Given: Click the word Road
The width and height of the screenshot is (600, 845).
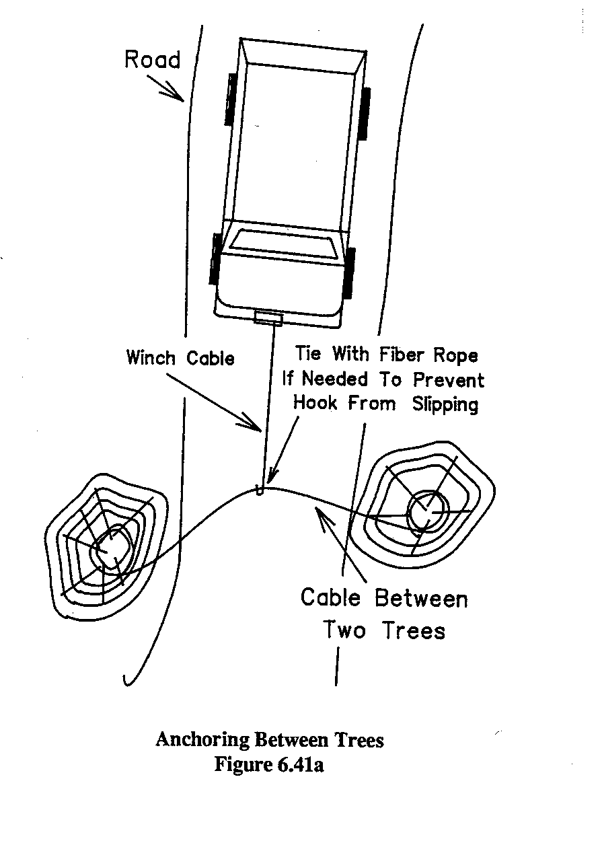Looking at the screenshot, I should coord(153,60).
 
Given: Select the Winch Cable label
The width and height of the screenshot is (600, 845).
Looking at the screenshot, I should coord(180,357).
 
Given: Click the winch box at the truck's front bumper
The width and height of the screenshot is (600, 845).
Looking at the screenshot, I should coord(268,318).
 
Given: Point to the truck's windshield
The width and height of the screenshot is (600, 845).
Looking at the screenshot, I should coord(284,243).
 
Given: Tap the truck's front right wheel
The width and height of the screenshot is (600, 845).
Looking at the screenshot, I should coord(349,273).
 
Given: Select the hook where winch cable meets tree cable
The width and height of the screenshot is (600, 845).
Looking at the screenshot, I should coord(260,489).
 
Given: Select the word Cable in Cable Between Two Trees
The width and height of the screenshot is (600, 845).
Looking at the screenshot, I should coord(331,597).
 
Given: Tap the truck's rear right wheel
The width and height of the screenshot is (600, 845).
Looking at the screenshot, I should coord(365,112).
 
